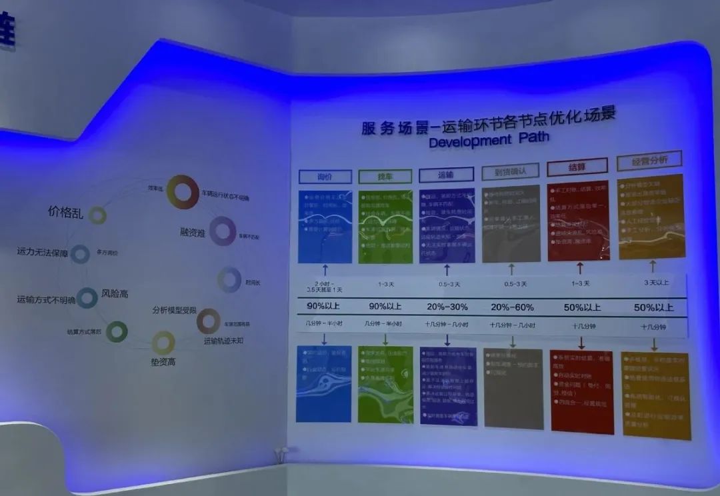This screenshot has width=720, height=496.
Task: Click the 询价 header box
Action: pos(325,177)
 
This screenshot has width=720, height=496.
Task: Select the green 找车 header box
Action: pos(385,177)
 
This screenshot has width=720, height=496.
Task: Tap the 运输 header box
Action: pos(446,175)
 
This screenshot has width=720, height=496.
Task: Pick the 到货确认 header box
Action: pos(510,171)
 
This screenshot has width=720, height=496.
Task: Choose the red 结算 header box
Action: pos(577,167)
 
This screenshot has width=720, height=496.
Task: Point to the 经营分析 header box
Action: pos(649,161)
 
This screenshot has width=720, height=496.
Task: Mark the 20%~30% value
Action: pos(447,307)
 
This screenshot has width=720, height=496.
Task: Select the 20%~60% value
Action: pos(512,307)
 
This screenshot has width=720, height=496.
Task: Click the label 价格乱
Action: pos(65,212)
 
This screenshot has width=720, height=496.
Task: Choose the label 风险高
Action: pos(115,293)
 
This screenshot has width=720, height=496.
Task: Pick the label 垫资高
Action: pos(162,362)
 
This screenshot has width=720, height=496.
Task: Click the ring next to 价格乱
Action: pos(98,215)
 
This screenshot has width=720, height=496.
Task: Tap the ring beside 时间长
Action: pos(229,280)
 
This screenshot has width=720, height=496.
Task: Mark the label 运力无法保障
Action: pos(41,252)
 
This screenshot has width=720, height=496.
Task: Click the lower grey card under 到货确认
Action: pos(513,388)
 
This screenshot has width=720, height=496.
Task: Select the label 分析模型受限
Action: pos(174,311)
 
